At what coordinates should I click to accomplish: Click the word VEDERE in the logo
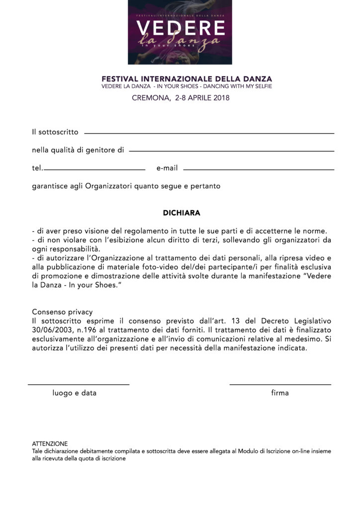180,28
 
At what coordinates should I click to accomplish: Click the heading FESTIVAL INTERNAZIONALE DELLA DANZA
186,79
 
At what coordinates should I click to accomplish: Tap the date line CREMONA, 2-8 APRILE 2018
180,98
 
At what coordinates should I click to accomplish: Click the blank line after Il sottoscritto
209,133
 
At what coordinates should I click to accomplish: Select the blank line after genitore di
231,151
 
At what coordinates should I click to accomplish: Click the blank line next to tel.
94,170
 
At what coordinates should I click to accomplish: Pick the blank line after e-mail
259,170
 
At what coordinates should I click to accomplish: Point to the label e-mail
167,169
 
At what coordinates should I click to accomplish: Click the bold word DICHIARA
181,213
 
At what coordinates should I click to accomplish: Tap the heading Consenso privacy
62,312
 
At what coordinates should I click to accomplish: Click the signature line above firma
280,384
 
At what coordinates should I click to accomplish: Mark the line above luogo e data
79,384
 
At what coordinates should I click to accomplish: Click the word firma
280,393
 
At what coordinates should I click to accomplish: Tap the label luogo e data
75,393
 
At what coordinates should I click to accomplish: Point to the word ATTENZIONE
50,443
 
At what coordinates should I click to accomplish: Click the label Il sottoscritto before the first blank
55,132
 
